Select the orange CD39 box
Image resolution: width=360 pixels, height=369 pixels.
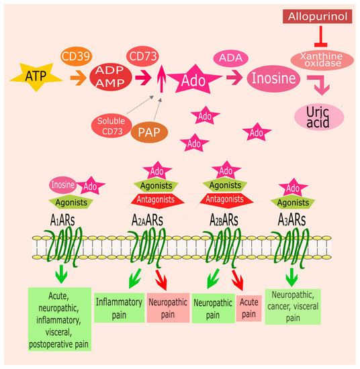[x=77, y=57]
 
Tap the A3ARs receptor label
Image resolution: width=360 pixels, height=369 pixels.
[x=293, y=219]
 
